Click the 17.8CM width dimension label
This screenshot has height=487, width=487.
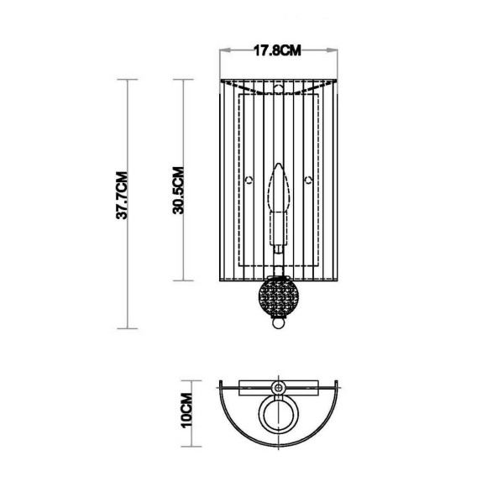tap(277, 50)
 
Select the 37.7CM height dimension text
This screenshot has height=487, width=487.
tap(122, 195)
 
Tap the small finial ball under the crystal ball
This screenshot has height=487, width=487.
tap(277, 322)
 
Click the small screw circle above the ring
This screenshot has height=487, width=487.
tap(278, 387)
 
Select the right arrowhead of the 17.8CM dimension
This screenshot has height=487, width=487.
tap(334, 50)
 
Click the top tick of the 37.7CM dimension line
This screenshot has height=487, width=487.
tap(126, 80)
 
